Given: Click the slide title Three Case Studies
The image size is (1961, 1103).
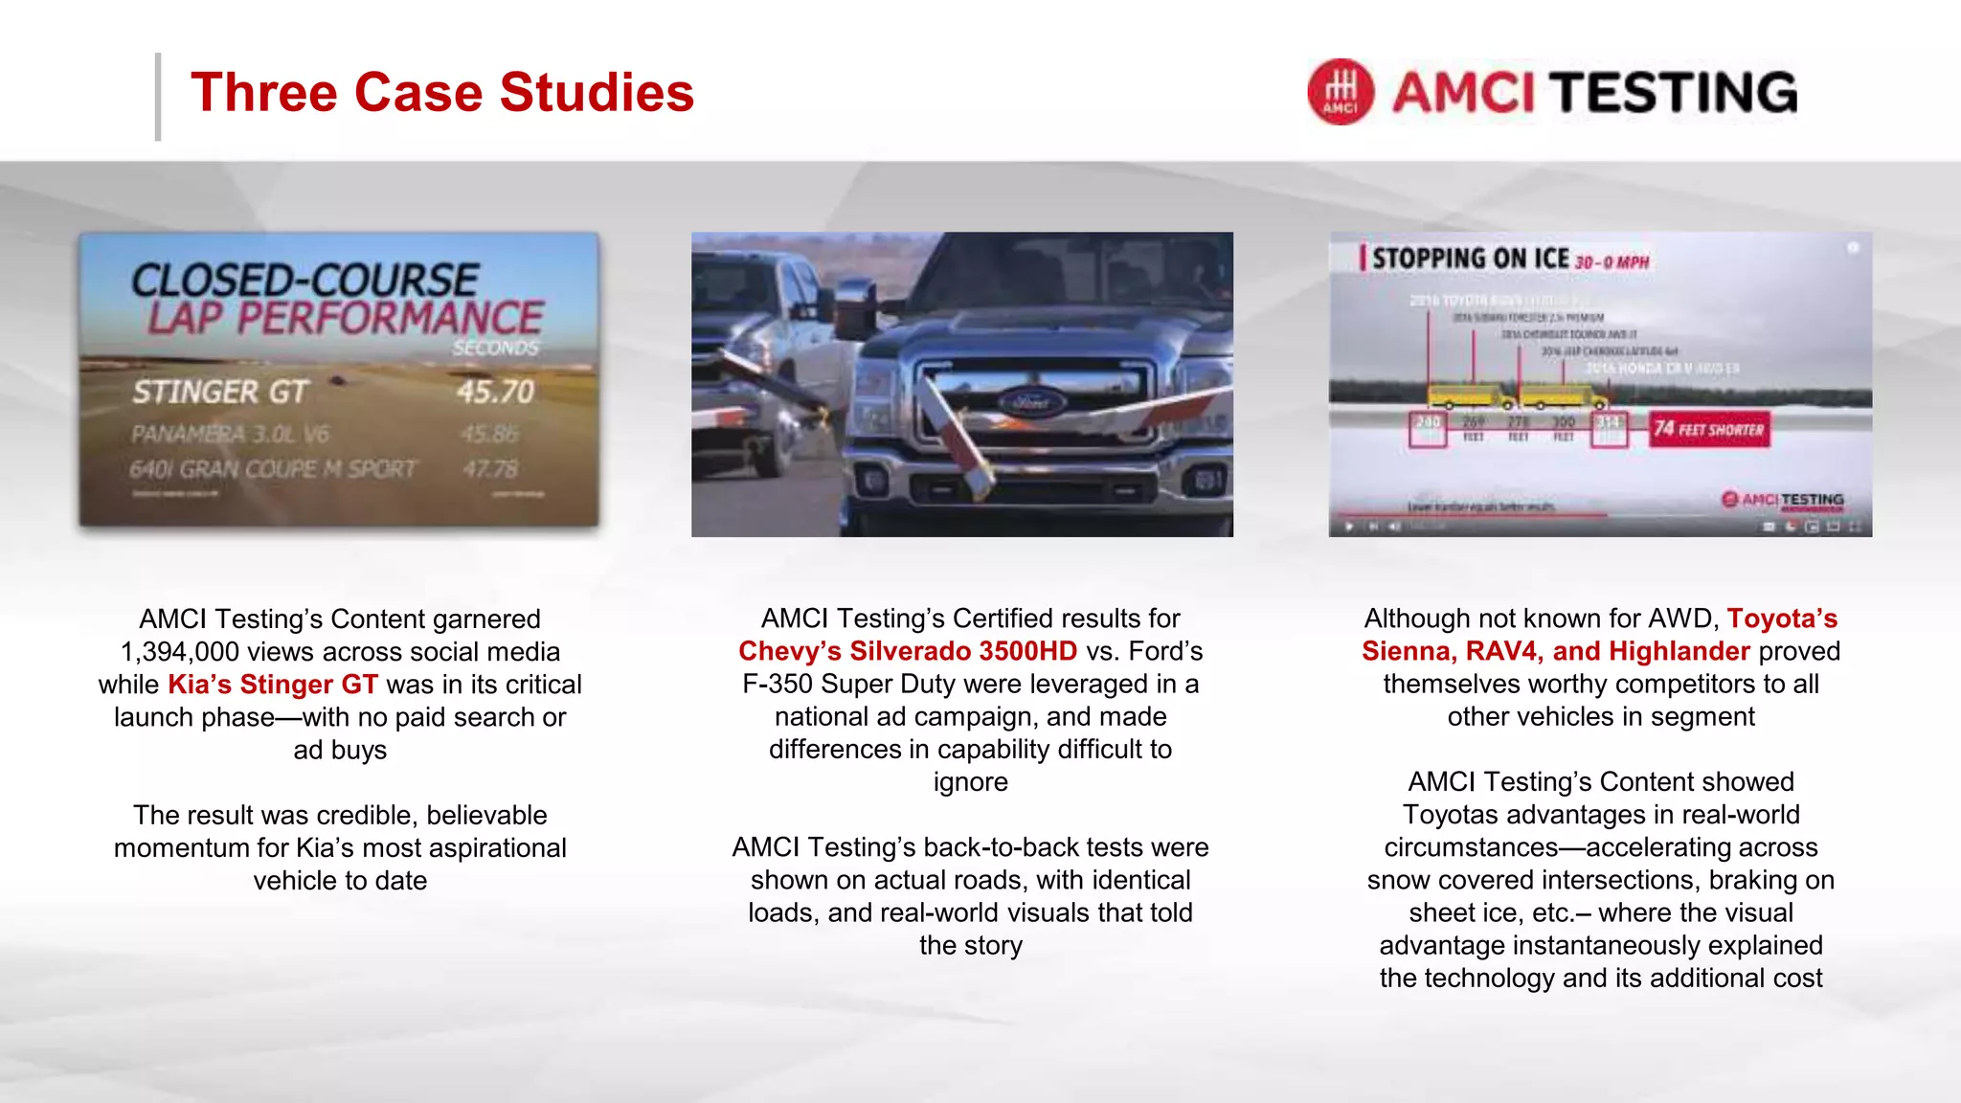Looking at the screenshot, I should coord(441,93).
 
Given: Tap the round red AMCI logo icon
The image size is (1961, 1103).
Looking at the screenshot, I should coord(1341,92).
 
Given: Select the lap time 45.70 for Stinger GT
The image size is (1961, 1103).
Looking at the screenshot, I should coord(495,392).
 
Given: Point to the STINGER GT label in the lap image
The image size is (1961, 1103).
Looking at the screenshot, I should coord(220,392).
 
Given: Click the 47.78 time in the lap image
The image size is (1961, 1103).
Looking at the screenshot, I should coord(490,469).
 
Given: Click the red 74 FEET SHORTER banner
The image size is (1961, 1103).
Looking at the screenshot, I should coord(1709,430).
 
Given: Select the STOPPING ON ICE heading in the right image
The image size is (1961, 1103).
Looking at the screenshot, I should coord(1471,259).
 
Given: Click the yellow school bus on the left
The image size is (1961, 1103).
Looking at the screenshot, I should coord(1470,395).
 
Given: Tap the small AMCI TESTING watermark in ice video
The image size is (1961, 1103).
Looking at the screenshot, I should coord(1783,500).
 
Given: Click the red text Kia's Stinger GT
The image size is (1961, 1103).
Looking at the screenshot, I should coord(273,685).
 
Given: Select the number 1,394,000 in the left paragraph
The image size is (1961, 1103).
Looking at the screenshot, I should coord(179,652).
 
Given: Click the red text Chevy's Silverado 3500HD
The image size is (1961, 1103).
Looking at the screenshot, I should coord(908,651).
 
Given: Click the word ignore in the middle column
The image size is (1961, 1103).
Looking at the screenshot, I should coord(970,782).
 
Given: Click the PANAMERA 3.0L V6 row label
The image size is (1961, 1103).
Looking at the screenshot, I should coord(230,435).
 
